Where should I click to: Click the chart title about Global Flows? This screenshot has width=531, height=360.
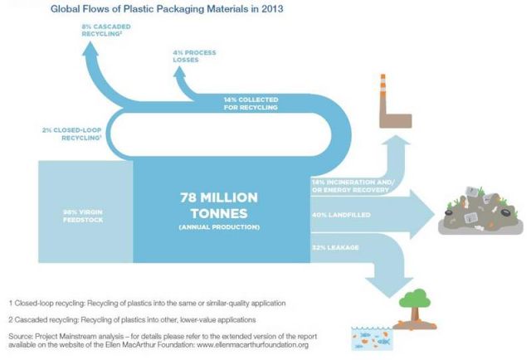(167, 8)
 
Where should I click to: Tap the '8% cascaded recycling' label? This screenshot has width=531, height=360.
(106, 30)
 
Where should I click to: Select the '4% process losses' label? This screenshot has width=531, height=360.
(194, 56)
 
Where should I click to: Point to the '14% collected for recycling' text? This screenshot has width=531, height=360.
(251, 104)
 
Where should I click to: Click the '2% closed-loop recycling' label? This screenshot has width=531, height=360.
(72, 134)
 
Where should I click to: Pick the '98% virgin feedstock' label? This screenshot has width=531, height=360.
(83, 216)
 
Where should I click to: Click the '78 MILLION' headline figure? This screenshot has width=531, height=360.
(219, 197)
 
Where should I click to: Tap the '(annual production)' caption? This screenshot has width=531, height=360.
(219, 227)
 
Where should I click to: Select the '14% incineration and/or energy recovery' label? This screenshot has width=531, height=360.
(353, 187)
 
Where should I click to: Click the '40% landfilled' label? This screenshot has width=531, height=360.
(341, 215)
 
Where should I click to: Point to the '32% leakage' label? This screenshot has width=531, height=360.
(335, 247)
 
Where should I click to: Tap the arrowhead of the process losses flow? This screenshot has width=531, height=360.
(179, 71)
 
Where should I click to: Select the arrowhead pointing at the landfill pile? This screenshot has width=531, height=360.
(422, 214)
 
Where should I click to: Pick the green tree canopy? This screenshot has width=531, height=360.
(415, 298)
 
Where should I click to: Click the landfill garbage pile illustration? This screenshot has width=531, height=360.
(480, 211)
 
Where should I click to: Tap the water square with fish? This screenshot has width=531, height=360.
(373, 338)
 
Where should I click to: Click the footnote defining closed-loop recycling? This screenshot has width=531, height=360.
(148, 303)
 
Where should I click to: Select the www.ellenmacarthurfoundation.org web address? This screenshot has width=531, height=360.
(252, 345)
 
